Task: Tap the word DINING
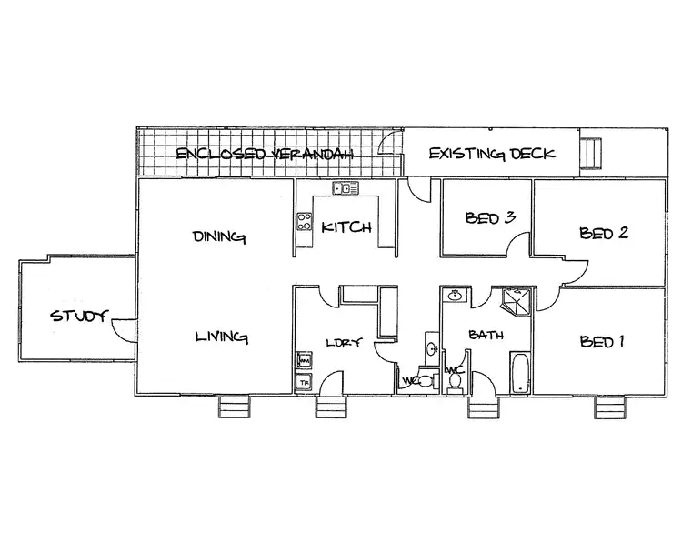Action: [219, 237]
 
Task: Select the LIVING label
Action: [222, 337]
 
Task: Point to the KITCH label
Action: [346, 227]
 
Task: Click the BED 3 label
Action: [490, 217]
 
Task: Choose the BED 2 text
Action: [604, 232]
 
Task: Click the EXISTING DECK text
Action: [490, 153]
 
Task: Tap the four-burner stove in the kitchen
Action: [305, 223]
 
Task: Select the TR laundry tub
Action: [304, 382]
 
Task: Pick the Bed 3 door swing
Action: [518, 247]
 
